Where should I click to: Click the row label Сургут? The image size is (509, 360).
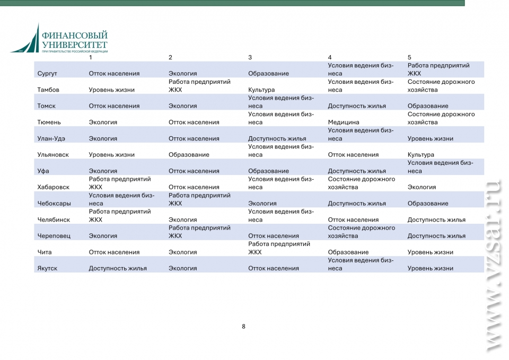[47, 74]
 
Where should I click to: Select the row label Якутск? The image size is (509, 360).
[48, 268]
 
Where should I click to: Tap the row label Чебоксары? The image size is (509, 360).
[54, 204]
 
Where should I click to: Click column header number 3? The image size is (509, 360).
[250, 57]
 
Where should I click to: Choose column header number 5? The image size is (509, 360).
[409, 57]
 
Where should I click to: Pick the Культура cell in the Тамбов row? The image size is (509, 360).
[261, 90]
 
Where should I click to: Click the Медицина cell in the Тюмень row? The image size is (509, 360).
[344, 122]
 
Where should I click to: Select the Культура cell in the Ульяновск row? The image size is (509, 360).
[421, 155]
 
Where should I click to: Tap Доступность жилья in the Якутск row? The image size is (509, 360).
[118, 268]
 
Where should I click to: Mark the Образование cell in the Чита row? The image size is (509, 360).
[348, 252]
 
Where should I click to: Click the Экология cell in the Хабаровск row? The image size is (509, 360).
[422, 187]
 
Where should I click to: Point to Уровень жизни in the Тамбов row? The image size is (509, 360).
[111, 90]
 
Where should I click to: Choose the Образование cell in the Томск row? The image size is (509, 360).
[428, 106]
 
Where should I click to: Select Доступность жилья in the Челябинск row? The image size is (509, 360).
[436, 219]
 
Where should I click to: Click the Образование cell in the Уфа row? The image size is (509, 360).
[268, 171]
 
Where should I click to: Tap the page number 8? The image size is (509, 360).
[243, 327]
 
